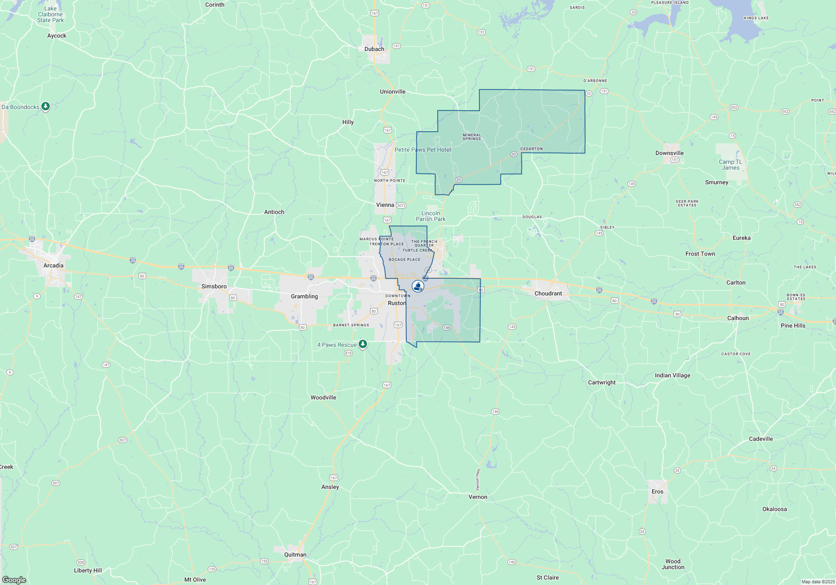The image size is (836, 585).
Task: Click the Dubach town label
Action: [x=374, y=49]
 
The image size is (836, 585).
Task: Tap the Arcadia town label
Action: [x=54, y=265]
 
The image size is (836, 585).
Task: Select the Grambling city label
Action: [x=304, y=296]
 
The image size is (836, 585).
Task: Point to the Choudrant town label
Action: [x=548, y=293]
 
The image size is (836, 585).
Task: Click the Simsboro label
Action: [x=214, y=286]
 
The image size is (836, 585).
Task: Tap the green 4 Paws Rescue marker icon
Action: [x=363, y=344]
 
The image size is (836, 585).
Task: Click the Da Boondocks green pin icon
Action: [x=46, y=107]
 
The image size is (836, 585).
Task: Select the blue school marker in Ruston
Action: [x=418, y=286]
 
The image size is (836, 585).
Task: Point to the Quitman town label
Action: [x=295, y=554]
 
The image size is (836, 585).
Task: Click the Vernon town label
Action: [x=478, y=497]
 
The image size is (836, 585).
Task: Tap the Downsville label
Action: [x=669, y=153]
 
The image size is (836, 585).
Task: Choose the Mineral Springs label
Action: [x=472, y=137]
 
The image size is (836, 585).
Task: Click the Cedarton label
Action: [x=531, y=149]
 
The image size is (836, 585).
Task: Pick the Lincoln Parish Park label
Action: [x=431, y=216]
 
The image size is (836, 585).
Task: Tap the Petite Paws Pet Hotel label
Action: [x=423, y=150]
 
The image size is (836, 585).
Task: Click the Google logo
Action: [x=14, y=580]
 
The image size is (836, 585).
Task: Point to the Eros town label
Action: [x=657, y=491]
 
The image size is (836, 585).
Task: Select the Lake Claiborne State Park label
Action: [x=50, y=14]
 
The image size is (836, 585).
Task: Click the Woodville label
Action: [x=323, y=397]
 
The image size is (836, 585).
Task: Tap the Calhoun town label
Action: [x=738, y=318]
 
